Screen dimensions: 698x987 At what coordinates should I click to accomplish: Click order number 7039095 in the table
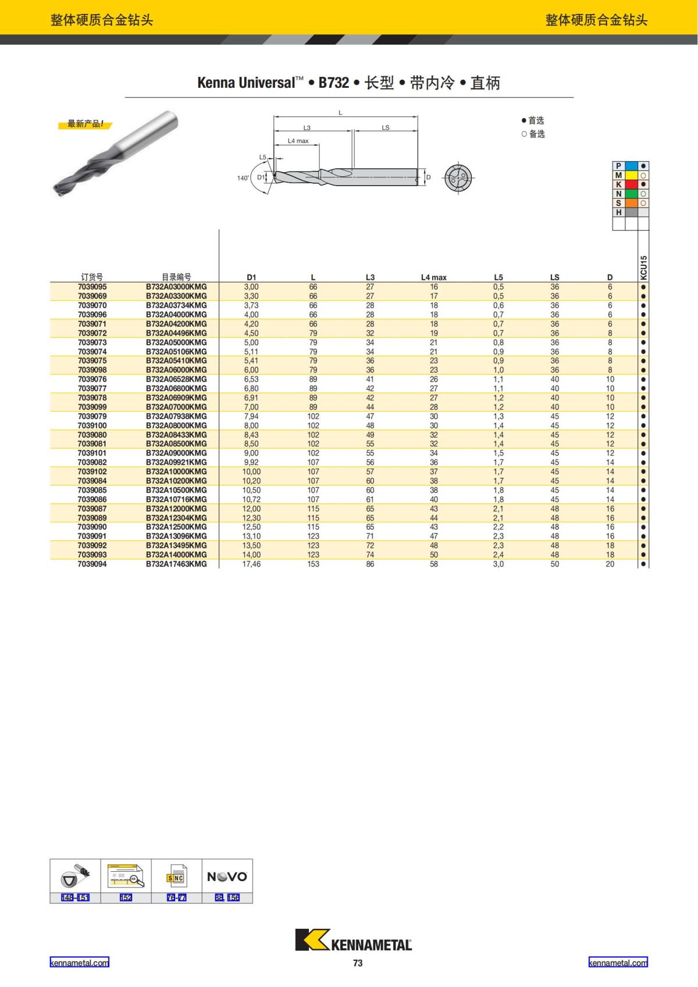point(92,287)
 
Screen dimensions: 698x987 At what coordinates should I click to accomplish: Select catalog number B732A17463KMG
point(176,564)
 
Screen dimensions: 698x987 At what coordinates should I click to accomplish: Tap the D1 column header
point(251,277)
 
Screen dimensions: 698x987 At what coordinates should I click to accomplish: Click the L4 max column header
point(433,277)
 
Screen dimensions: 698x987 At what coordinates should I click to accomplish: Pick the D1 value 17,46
point(251,564)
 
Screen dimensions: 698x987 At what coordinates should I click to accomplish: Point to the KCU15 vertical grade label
point(644,268)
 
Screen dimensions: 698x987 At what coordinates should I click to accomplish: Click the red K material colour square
point(631,184)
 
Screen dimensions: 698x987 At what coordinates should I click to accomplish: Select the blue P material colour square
point(631,166)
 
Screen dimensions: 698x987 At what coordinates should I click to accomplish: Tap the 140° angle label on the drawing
point(243,178)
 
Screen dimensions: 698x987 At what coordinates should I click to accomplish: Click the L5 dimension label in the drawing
point(263,157)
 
